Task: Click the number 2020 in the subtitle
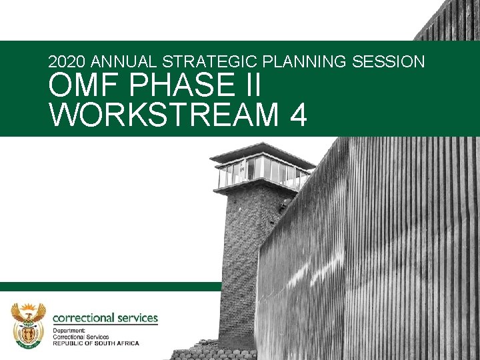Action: (x=67, y=62)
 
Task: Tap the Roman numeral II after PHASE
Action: (x=251, y=87)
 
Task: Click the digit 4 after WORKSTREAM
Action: (x=299, y=115)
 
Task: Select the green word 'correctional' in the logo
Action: (x=83, y=318)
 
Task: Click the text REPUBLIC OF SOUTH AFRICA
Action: (x=96, y=343)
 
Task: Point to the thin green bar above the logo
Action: (x=110, y=286)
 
